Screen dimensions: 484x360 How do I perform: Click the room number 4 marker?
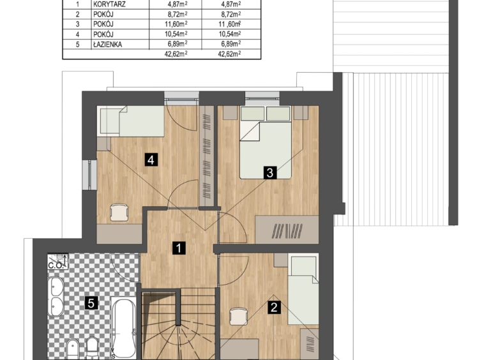(151, 160)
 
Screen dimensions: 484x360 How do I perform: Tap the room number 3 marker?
(270, 173)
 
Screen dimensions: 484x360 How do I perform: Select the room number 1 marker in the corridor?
(179, 248)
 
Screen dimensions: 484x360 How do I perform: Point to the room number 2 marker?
(274, 308)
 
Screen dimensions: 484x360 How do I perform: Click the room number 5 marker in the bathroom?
(91, 303)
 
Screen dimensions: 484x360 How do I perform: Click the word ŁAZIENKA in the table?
(107, 45)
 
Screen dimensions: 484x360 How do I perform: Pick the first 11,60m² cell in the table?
(176, 24)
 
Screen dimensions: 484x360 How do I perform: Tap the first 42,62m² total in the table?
(176, 54)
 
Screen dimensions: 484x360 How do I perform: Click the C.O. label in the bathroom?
(56, 265)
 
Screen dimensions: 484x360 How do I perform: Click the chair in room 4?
(119, 212)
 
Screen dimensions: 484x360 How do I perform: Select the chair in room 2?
(238, 316)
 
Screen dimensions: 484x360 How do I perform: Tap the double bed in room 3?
(266, 142)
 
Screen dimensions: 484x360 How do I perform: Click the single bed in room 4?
(130, 121)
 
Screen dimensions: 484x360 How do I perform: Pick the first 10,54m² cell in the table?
(176, 34)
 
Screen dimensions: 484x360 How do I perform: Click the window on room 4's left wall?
(89, 175)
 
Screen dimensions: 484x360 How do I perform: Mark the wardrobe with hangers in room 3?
(287, 230)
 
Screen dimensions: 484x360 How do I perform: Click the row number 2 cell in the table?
(77, 14)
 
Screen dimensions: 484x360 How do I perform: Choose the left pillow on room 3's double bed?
(253, 114)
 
